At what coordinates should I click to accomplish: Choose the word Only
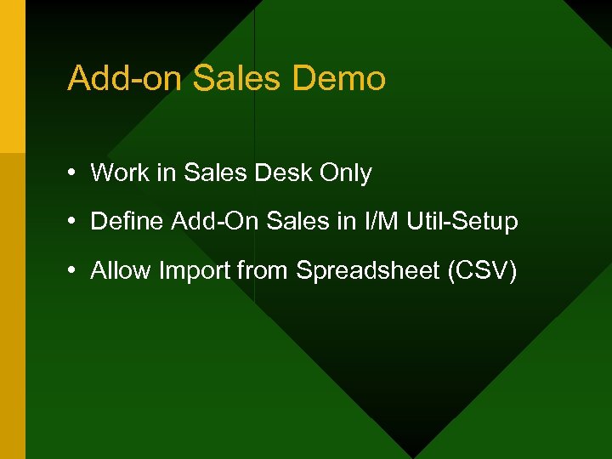coord(345,173)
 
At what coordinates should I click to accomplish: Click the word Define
coord(127,222)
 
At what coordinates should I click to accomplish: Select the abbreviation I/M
coord(379,222)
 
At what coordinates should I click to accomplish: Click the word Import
coord(190,272)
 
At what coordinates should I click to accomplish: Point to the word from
coord(263,271)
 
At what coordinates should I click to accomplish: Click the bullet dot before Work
coord(75,173)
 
